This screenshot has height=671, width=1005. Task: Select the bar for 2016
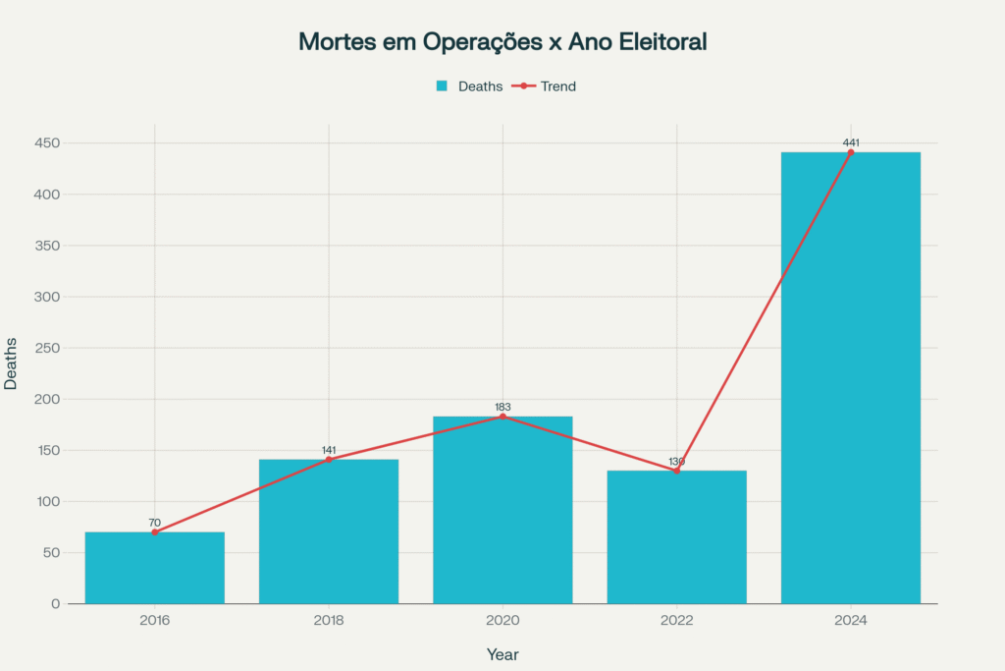click(154, 568)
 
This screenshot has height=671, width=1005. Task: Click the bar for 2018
click(329, 531)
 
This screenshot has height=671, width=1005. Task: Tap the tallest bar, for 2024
click(851, 378)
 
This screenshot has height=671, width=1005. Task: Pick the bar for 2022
click(676, 537)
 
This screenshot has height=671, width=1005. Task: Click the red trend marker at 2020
click(502, 417)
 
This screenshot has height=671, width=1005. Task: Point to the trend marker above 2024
click(851, 152)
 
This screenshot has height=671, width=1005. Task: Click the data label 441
click(851, 142)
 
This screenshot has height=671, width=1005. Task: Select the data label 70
click(154, 523)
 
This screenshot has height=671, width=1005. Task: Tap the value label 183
click(502, 407)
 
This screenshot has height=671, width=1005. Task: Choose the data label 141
click(329, 450)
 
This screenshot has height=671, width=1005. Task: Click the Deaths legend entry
click(469, 86)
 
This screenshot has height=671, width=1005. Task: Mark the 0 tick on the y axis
click(54, 603)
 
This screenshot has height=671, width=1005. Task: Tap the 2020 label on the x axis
click(502, 621)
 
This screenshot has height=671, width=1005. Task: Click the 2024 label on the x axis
click(851, 621)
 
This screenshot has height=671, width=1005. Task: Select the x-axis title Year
click(502, 654)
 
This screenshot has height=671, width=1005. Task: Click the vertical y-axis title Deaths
click(11, 363)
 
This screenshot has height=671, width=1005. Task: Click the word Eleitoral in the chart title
click(659, 42)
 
